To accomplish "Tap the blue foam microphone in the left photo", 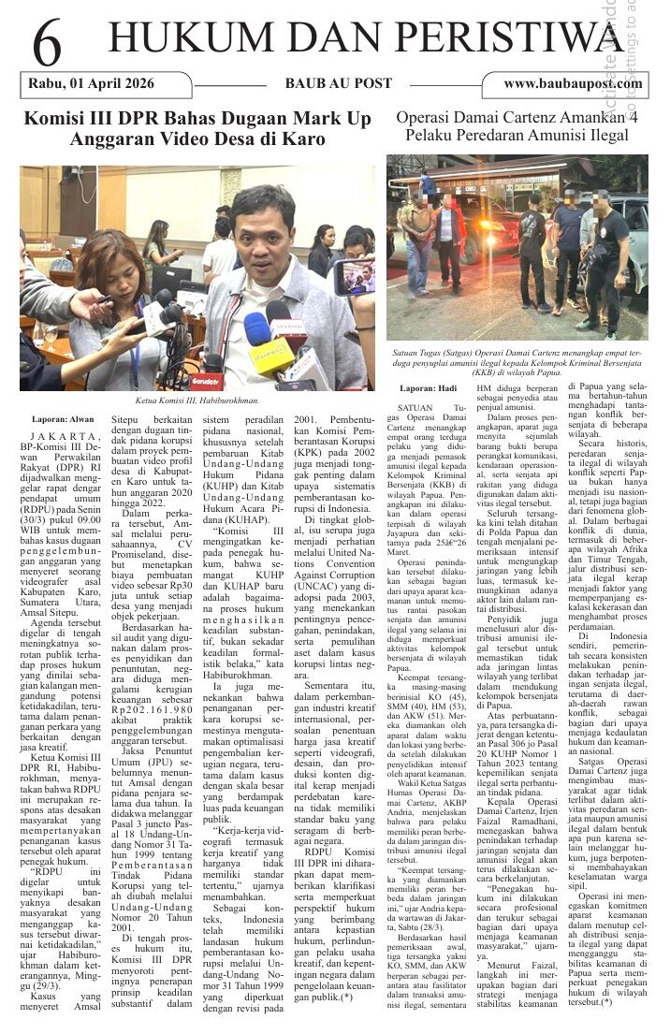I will point(258,328).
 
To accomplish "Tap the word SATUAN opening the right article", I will point(417,409).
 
